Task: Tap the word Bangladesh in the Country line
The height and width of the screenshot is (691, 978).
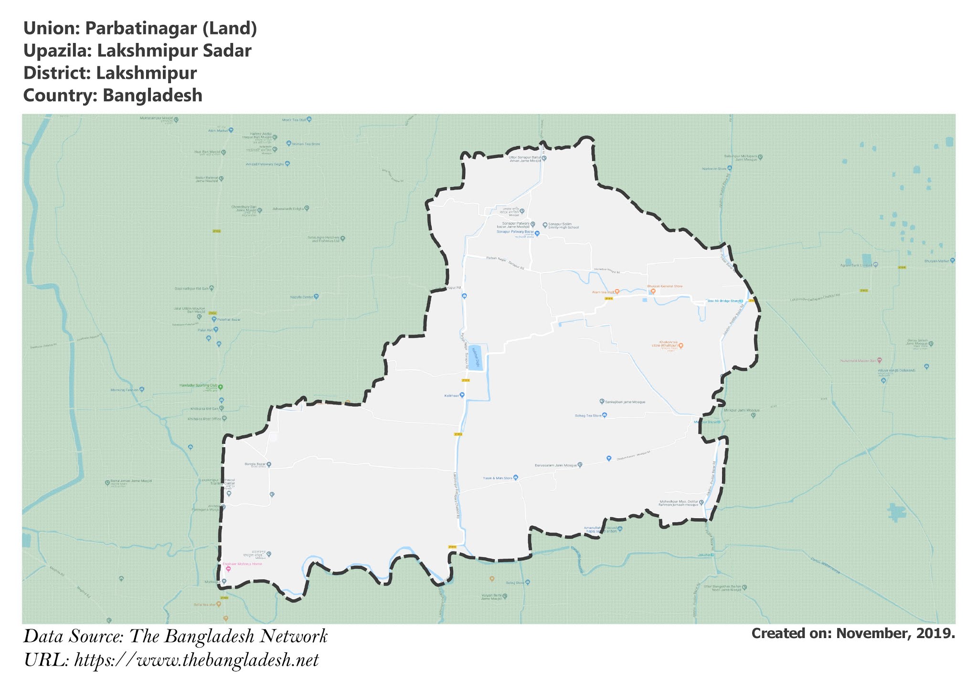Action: [x=152, y=95]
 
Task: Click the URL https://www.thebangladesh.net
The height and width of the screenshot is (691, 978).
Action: [x=196, y=660]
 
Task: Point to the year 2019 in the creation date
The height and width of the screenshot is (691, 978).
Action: [x=936, y=634]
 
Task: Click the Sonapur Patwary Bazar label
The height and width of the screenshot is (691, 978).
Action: [x=515, y=232]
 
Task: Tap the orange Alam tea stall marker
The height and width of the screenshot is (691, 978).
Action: [x=617, y=291]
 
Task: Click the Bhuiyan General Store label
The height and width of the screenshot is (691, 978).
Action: [x=665, y=286]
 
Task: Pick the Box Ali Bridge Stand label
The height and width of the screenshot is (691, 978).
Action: [x=724, y=301]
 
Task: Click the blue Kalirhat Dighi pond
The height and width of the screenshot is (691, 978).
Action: [x=475, y=357]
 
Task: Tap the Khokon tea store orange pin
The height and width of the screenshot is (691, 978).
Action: [x=681, y=345]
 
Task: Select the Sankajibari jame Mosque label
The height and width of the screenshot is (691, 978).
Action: [x=625, y=402]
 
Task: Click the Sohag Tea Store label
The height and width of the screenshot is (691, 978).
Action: [x=588, y=416]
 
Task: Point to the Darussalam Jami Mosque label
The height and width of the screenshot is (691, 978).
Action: [x=556, y=465]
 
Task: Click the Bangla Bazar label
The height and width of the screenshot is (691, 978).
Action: [x=255, y=464]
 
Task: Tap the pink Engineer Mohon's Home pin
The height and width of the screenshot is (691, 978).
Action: [x=228, y=569]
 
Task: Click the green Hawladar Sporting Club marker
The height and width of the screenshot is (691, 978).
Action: [x=220, y=387]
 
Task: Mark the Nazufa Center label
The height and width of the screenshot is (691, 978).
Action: [x=301, y=297]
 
